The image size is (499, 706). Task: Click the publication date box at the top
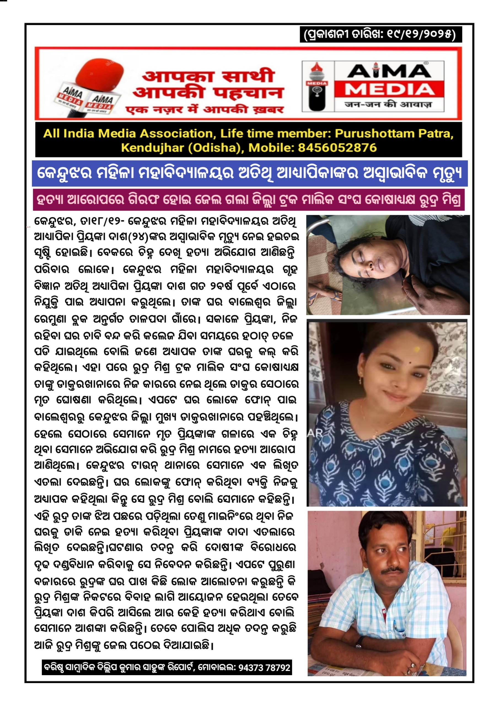click(x=380, y=34)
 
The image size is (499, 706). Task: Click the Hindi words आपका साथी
click(x=208, y=76)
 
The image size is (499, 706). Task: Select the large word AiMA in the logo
click(x=389, y=71)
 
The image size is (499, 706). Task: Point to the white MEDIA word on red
click(x=389, y=90)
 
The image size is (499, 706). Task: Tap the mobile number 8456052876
click(x=337, y=148)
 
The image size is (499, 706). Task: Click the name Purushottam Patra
click(x=394, y=133)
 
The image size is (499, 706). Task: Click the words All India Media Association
click(x=128, y=133)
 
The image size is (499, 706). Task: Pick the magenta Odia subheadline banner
click(x=248, y=200)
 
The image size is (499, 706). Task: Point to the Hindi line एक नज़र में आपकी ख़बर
click(x=205, y=110)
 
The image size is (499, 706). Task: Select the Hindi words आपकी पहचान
click(x=208, y=92)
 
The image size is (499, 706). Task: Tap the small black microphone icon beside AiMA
click(x=317, y=86)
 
